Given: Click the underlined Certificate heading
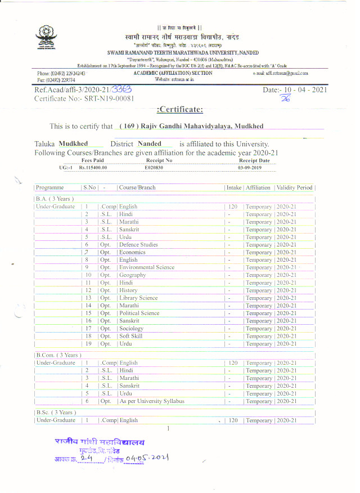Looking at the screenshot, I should point(179,110).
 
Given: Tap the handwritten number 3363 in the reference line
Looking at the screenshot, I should point(123,89).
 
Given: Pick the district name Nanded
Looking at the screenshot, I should point(149,144).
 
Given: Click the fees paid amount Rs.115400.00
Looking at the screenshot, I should point(93,168).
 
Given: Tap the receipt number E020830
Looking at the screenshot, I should point(154,168).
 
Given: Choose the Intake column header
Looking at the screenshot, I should point(233,187).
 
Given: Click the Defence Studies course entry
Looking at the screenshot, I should point(138,245).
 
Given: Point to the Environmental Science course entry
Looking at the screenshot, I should point(147,267).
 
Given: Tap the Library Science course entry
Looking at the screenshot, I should point(138,298).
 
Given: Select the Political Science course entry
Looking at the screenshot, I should point(139,313).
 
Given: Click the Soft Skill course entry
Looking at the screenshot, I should point(131,336).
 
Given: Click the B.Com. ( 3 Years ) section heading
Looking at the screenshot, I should point(58,355).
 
